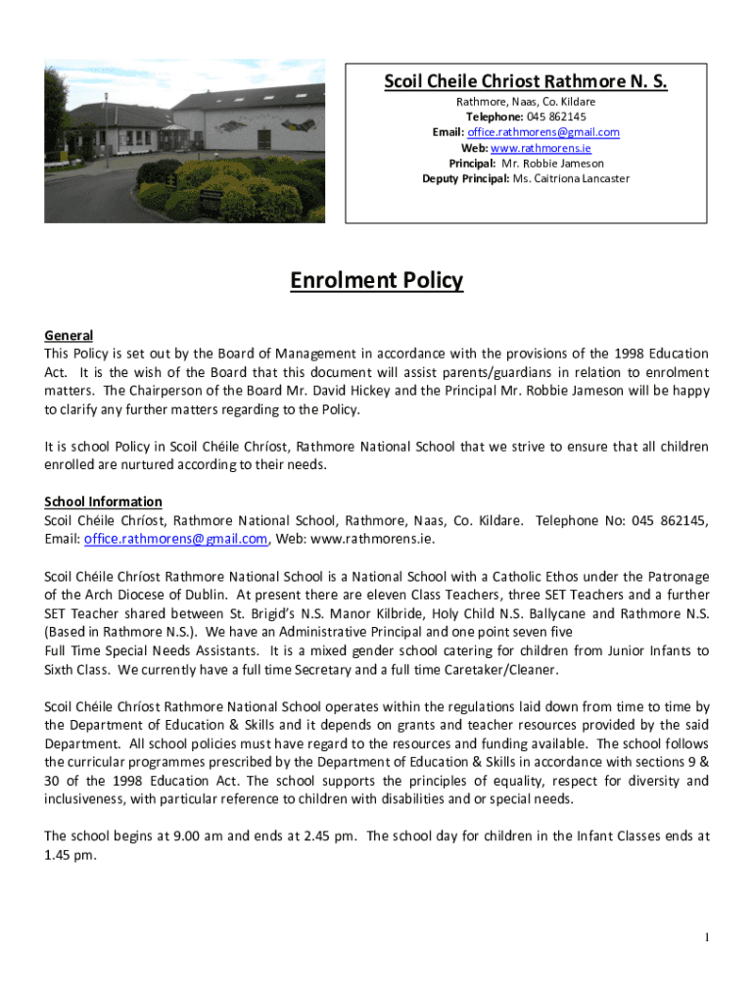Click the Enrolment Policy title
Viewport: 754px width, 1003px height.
click(x=376, y=281)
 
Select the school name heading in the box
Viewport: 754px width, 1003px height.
click(x=525, y=81)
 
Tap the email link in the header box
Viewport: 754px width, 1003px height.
click(x=542, y=132)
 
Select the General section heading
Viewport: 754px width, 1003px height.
click(x=69, y=335)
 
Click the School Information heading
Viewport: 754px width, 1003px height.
click(x=103, y=501)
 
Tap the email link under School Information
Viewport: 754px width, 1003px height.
click(x=175, y=539)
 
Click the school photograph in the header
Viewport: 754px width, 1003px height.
click(x=184, y=144)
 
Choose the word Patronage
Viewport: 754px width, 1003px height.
click(x=677, y=576)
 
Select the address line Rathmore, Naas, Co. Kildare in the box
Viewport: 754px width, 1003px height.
click(x=525, y=101)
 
